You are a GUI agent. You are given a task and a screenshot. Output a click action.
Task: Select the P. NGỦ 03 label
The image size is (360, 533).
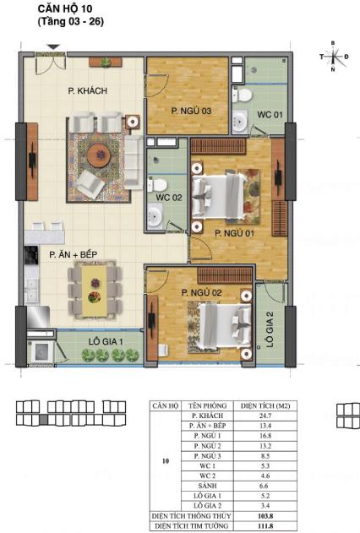(x=190, y=111)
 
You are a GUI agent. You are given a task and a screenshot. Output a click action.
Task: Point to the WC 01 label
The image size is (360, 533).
(x=270, y=114)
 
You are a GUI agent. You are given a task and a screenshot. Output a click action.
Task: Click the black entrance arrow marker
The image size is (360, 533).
(x=53, y=47)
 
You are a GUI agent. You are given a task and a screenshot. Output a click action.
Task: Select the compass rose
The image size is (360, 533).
(x=333, y=56)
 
